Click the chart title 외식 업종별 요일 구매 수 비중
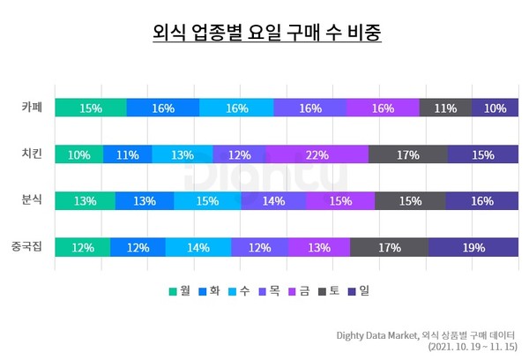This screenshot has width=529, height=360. point(264,34)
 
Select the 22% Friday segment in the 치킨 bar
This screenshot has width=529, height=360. point(317,154)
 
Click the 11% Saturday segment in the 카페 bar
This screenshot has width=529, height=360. point(445,108)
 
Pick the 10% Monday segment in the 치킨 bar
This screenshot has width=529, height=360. point(78,154)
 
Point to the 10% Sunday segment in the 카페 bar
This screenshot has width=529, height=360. point(495,108)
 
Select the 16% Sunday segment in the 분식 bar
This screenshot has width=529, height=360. point(481,201)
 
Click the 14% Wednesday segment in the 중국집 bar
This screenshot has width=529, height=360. point(197,247)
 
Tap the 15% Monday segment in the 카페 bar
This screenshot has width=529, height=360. point(90,108)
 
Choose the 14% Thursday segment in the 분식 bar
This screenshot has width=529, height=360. point(273,201)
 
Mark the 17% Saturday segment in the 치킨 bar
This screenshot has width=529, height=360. point(407,154)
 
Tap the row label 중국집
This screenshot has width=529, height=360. point(27,247)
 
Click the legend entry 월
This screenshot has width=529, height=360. point(177,290)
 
